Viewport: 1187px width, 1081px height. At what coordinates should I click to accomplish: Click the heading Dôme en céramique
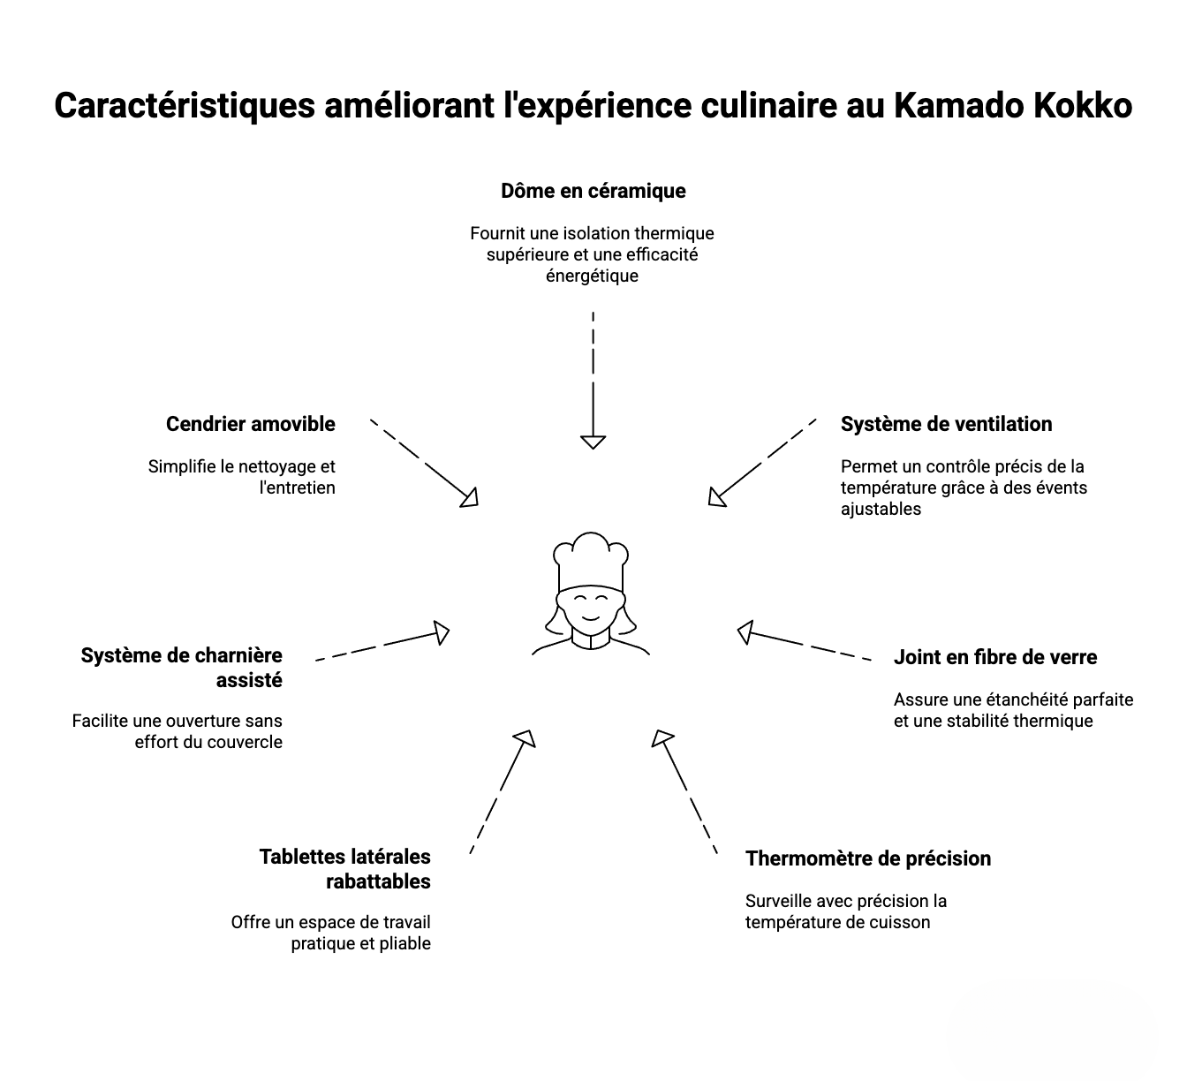[593, 191]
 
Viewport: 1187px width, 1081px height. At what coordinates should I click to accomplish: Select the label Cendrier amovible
[251, 424]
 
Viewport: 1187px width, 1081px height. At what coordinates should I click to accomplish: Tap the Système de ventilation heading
[946, 424]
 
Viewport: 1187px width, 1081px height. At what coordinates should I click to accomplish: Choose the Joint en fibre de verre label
[994, 657]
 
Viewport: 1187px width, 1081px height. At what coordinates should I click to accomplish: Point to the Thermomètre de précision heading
[867, 858]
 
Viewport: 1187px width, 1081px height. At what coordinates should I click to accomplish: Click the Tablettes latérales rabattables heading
[345, 869]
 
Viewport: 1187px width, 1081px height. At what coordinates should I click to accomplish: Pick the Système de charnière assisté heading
[182, 668]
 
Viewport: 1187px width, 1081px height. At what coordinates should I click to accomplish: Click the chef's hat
[591, 562]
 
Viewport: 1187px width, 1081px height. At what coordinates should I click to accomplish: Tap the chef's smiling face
[590, 606]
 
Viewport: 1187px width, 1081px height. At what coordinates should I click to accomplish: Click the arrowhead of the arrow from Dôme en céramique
[593, 442]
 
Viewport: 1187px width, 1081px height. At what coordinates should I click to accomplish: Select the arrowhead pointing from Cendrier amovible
[469, 498]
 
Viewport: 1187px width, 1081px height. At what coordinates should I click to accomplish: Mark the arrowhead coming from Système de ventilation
[717, 498]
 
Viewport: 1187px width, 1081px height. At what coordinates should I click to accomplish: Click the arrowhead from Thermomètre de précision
[662, 737]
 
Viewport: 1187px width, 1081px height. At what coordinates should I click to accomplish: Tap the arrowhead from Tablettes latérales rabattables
[525, 737]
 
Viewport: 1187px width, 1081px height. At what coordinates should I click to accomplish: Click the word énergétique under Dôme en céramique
[592, 276]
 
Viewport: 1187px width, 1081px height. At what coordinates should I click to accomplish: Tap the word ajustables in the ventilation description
[881, 509]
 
